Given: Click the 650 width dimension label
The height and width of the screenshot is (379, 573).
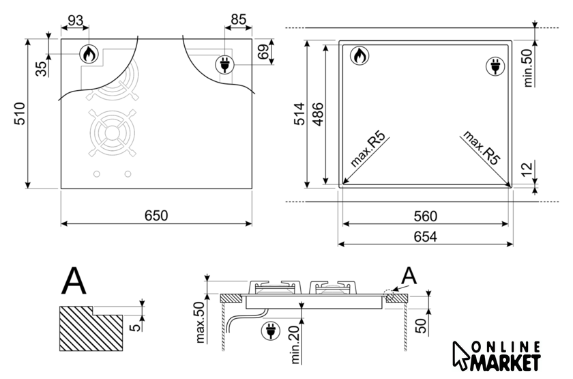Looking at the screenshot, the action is [x=156, y=216].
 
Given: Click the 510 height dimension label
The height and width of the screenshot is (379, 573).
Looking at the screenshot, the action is [x=20, y=114].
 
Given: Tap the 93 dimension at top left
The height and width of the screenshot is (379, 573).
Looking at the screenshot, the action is [x=75, y=20].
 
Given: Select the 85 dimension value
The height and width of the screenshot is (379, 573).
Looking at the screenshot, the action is [x=239, y=19].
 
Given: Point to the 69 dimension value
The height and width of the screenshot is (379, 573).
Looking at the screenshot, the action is [x=263, y=52].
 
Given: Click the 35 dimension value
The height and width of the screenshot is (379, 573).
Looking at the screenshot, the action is [x=42, y=69].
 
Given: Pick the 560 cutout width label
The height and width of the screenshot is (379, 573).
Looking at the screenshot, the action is [x=426, y=216].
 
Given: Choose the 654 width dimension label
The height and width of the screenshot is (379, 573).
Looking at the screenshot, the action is [x=426, y=237].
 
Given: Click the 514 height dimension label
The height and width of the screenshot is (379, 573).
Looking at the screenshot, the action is [x=299, y=114].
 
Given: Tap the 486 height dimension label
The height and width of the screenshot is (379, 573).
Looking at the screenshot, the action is [x=319, y=115].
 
